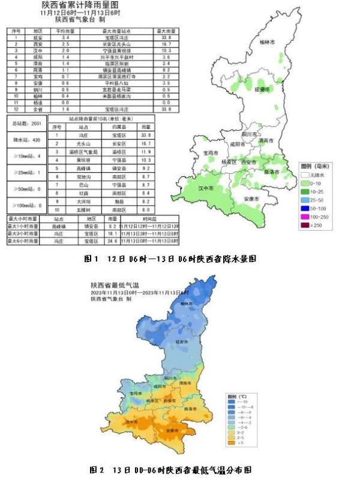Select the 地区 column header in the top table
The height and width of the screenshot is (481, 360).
(x=38, y=29)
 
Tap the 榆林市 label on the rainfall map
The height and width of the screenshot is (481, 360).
(x=265, y=43)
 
